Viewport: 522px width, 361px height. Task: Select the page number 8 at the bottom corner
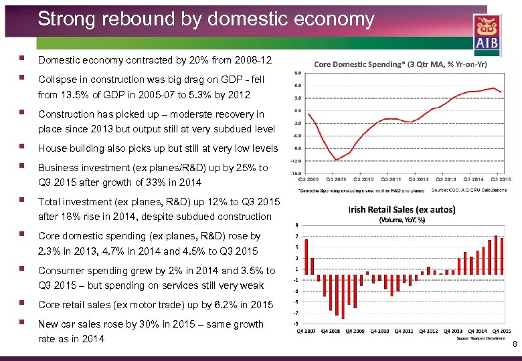[514, 345]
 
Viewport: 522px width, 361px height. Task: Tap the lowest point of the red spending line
[337, 160]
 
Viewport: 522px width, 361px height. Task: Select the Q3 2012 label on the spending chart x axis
[418, 179]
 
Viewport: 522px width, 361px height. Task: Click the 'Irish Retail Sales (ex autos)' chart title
[402, 209]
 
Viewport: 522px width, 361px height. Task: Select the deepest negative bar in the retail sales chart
[343, 297]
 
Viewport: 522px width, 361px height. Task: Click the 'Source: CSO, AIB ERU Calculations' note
[476, 191]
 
